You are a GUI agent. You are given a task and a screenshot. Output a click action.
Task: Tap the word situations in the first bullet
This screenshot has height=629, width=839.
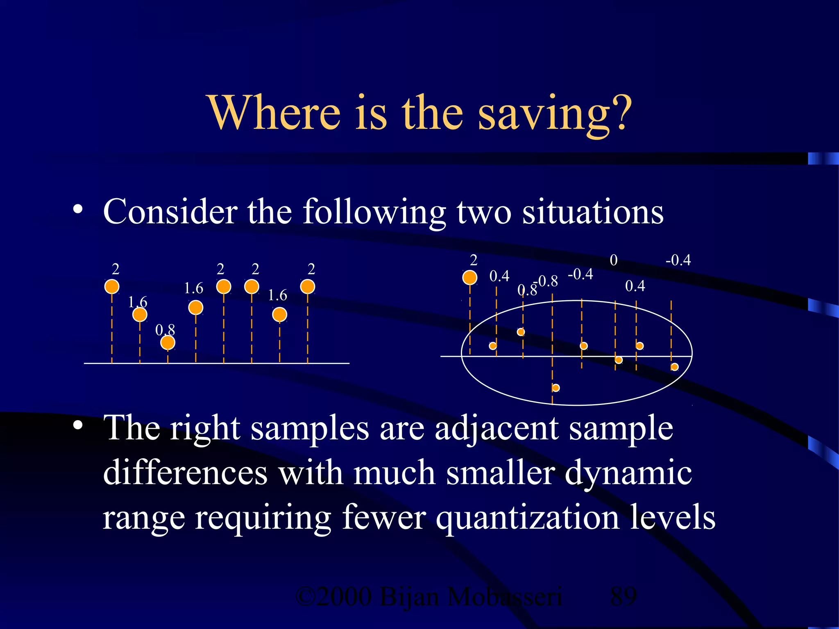[592, 212]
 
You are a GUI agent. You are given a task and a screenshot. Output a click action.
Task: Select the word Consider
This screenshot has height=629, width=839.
[170, 212]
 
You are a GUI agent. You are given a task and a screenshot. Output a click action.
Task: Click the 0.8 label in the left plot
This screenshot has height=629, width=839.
[165, 330]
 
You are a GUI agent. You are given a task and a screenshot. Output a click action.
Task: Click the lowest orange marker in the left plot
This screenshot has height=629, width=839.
[168, 342]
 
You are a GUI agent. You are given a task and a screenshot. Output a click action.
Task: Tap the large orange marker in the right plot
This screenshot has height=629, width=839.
[470, 277]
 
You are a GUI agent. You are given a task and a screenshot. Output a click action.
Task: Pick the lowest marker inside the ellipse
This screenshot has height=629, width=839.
[556, 387]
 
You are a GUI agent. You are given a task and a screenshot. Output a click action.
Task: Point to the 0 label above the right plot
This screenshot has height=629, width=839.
[613, 260]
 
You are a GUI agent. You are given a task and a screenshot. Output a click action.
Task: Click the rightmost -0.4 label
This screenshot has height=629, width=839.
[678, 260]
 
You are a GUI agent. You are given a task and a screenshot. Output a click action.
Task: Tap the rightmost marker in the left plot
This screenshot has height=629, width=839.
[308, 286]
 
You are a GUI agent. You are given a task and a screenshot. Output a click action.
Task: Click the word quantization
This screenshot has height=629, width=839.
[527, 517]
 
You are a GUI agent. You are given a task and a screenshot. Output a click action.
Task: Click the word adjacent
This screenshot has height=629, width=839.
[496, 428]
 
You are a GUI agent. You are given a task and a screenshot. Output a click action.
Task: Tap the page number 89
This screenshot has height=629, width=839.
[623, 596]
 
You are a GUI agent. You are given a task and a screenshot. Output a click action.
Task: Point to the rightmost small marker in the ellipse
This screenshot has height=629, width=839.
[674, 367]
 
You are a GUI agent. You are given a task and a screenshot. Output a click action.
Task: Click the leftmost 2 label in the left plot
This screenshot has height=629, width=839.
[116, 269]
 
